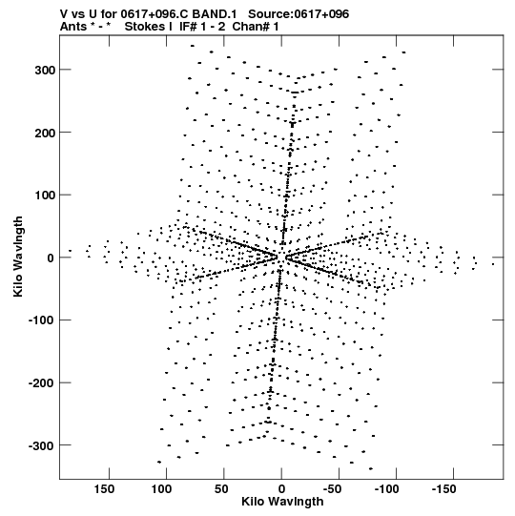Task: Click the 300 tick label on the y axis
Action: (45, 70)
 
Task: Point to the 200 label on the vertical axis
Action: (45, 133)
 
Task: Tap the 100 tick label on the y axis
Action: (45, 195)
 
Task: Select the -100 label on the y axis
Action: (42, 320)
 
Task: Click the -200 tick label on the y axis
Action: (42, 382)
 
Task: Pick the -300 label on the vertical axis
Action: (42, 445)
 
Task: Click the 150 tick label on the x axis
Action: (104, 489)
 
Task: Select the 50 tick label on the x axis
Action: (221, 489)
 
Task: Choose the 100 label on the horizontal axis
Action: (161, 489)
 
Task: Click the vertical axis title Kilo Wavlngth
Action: (18, 257)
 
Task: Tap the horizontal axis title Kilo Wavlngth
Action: (282, 502)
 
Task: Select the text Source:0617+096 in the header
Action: (299, 14)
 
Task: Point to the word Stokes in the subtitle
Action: (149, 27)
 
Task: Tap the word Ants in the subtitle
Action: (73, 27)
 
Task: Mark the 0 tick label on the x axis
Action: (281, 489)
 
